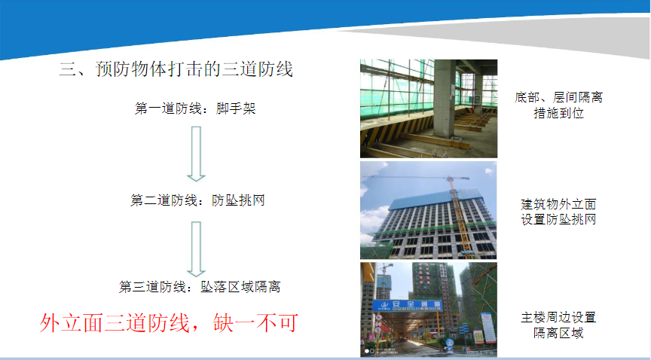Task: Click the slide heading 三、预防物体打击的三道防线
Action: tap(176, 69)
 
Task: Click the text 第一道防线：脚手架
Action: tap(195, 108)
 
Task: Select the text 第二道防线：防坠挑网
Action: tap(197, 200)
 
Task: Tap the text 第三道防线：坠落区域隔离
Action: tap(200, 286)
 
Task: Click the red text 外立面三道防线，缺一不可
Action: tap(169, 322)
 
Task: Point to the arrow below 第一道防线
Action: tap(196, 154)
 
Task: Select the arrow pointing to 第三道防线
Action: tap(196, 249)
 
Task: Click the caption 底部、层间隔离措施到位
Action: tap(558, 105)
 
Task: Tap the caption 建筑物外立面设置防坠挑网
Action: tap(558, 212)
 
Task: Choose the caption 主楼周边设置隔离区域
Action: tap(558, 325)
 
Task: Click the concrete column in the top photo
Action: tap(445, 99)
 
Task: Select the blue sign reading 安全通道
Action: tap(408, 306)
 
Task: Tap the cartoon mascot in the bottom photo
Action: tap(449, 346)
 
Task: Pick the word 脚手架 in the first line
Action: tap(236, 108)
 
